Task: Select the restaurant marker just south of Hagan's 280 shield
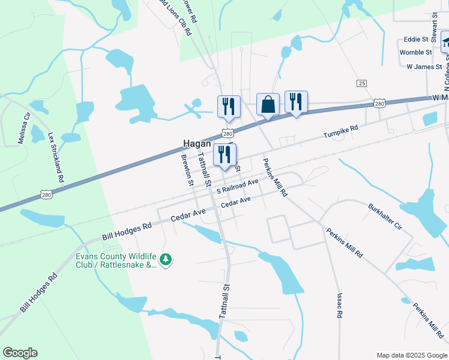[224, 154]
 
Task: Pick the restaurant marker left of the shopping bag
[229, 106]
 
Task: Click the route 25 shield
[361, 83]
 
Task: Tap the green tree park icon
[166, 260]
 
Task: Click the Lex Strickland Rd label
[55, 157]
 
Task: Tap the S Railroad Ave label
[238, 186]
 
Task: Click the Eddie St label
[416, 40]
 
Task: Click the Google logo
[20, 353]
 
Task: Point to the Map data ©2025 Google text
[411, 355]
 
